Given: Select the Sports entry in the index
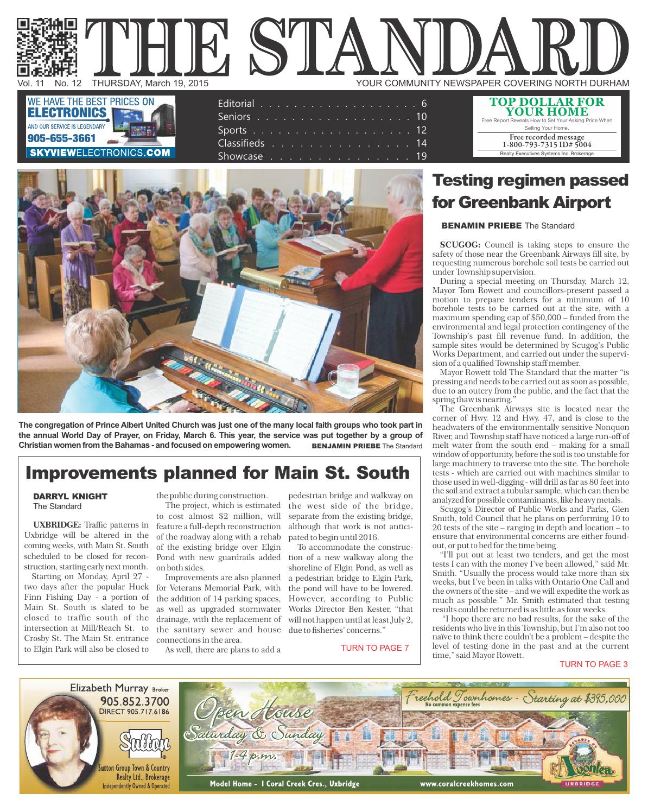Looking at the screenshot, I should [x=232, y=130].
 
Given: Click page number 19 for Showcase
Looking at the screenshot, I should [x=422, y=156].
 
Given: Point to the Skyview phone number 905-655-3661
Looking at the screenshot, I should [x=61, y=138].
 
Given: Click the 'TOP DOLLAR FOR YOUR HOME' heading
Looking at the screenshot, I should [x=547, y=106].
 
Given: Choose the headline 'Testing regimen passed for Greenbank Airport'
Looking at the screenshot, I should [x=530, y=191].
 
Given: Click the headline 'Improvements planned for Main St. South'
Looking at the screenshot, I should [x=218, y=472].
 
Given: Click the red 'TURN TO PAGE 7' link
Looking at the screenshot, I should [x=374, y=648].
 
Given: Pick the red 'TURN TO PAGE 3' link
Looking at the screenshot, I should [x=593, y=664].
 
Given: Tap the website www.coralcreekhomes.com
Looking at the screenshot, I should [x=466, y=784].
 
